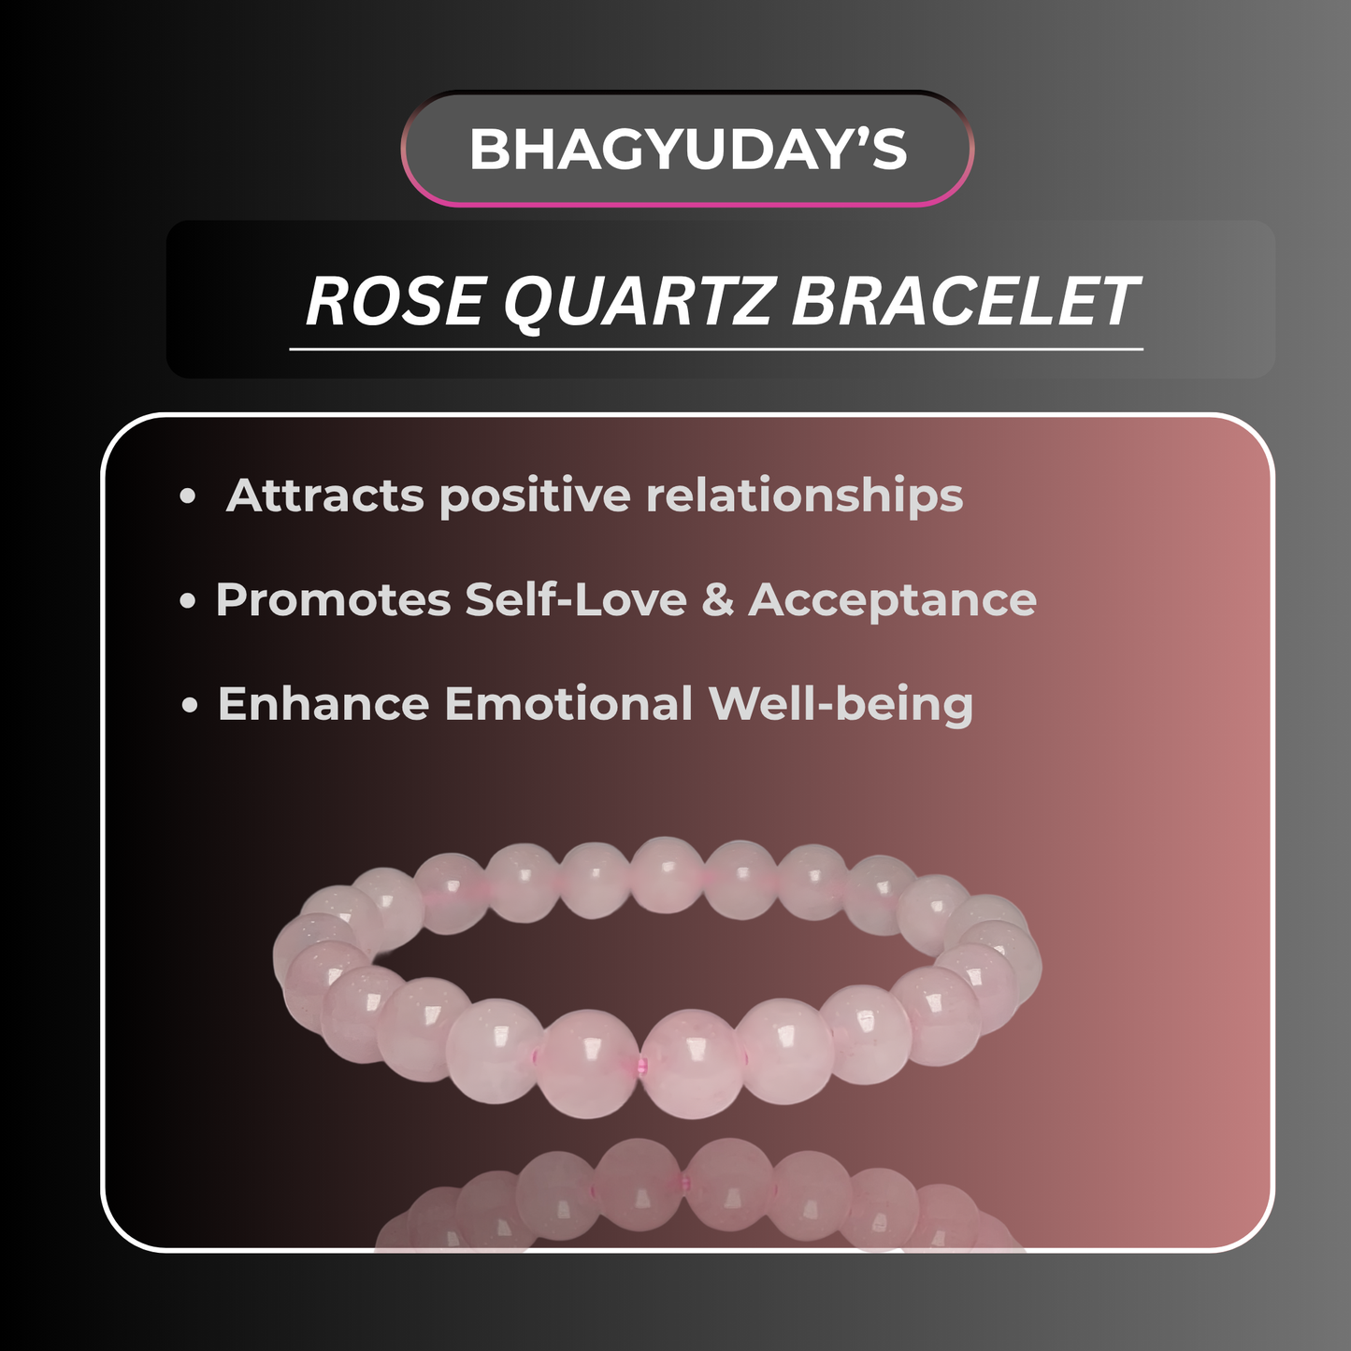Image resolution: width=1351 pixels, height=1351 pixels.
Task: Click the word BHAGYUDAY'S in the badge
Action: click(x=687, y=149)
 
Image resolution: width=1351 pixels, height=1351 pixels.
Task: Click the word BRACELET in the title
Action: click(x=965, y=302)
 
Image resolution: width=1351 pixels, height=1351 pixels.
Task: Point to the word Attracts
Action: click(x=325, y=496)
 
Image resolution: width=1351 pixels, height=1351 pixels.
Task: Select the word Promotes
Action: click(x=333, y=600)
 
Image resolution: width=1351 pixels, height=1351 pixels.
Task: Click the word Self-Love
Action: click(x=576, y=600)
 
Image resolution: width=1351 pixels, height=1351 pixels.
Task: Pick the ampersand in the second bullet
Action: click(x=718, y=600)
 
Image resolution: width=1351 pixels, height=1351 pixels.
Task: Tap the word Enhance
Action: click(x=323, y=704)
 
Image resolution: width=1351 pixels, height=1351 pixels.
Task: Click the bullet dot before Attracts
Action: click(x=188, y=496)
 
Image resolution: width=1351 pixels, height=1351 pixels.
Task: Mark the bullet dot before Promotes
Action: click(x=188, y=601)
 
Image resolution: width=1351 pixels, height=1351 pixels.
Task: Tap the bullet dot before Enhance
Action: click(x=190, y=705)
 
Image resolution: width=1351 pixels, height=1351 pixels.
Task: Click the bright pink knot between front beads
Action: click(x=640, y=1066)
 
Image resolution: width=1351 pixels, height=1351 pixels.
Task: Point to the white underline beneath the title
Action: click(x=716, y=349)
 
